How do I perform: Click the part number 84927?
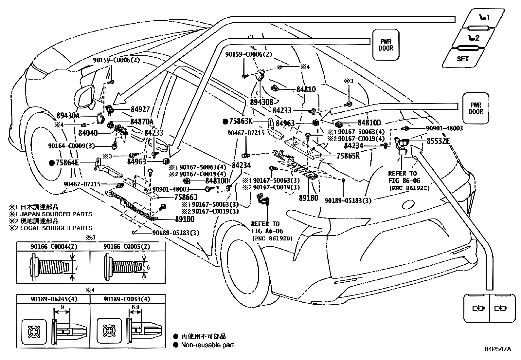[x=140, y=109]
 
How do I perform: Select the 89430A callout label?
[x=68, y=116]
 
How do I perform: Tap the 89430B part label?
[x=262, y=102]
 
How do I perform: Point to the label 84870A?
[x=142, y=122]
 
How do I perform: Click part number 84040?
[x=88, y=133]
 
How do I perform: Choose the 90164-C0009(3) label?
[x=71, y=146]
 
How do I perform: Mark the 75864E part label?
[x=67, y=162]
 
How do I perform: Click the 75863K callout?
[x=241, y=121]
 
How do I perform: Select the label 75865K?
[x=348, y=156]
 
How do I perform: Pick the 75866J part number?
[x=186, y=197]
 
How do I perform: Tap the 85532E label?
[x=438, y=141]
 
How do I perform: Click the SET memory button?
[x=463, y=58]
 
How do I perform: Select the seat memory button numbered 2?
[x=473, y=38]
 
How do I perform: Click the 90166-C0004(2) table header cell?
[x=54, y=246]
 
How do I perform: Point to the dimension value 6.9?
[x=135, y=307]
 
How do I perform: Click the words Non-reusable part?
[x=207, y=345]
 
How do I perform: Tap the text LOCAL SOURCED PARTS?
[x=56, y=228]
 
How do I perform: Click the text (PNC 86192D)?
[x=272, y=238]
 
